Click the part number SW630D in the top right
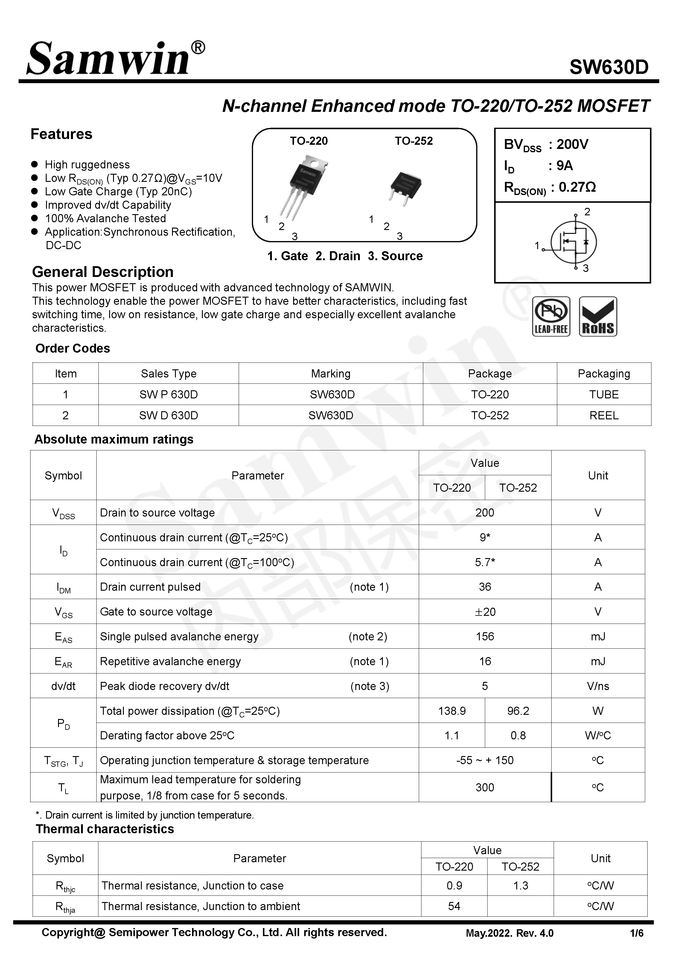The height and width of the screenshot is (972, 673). click(608, 67)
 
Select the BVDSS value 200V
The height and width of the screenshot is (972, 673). click(572, 144)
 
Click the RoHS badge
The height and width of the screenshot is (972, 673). click(598, 316)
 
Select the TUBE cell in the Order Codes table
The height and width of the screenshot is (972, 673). click(603, 394)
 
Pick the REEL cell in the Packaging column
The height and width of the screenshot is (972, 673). click(603, 416)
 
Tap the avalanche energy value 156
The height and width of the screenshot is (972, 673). click(485, 636)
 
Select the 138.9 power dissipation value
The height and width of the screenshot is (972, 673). click(452, 711)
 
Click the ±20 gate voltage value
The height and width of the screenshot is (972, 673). click(485, 612)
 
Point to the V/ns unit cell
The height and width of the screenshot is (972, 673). click(598, 686)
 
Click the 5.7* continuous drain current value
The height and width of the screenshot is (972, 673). click(485, 562)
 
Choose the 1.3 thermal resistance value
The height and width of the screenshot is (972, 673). click(520, 886)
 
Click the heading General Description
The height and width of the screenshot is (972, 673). click(103, 272)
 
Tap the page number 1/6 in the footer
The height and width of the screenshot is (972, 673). click(636, 933)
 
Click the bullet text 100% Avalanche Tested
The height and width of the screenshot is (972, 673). click(105, 218)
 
